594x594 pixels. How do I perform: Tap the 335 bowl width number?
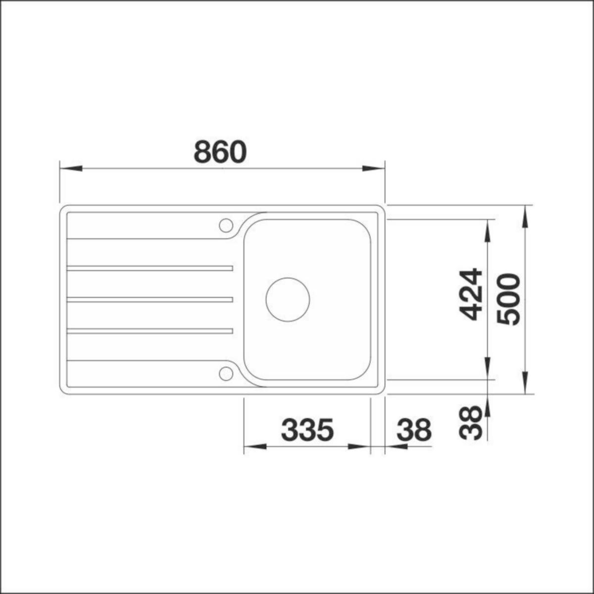(307, 430)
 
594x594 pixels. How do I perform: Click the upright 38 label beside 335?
(414, 430)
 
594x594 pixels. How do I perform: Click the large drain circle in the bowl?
(288, 298)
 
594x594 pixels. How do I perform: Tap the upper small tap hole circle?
(226, 225)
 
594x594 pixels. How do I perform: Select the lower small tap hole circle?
(226, 373)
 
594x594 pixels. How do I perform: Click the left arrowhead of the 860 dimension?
(70, 168)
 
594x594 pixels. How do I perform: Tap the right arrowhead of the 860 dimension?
(374, 168)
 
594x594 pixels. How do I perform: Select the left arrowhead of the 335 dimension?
(253, 446)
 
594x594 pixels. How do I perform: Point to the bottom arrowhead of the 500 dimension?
(525, 385)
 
